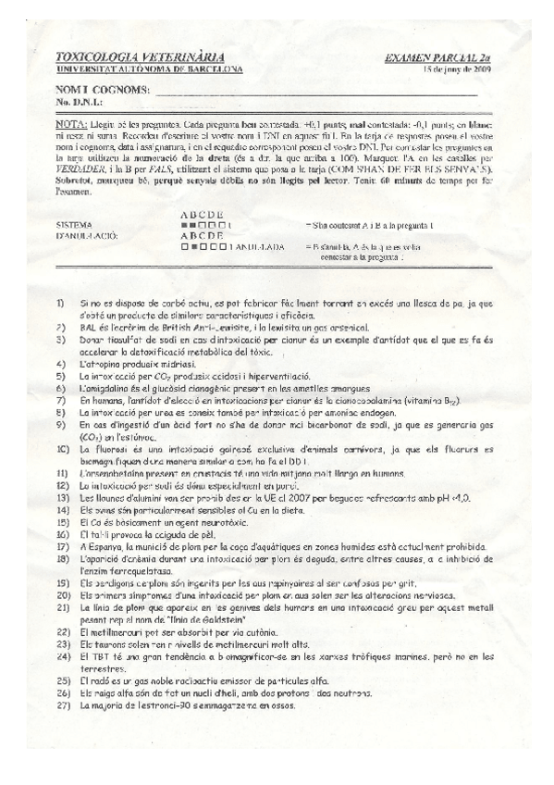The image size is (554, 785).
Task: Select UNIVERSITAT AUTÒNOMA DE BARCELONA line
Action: (149, 69)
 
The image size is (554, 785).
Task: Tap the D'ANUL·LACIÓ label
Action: (88, 235)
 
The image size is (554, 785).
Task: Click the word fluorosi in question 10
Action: (109, 448)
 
